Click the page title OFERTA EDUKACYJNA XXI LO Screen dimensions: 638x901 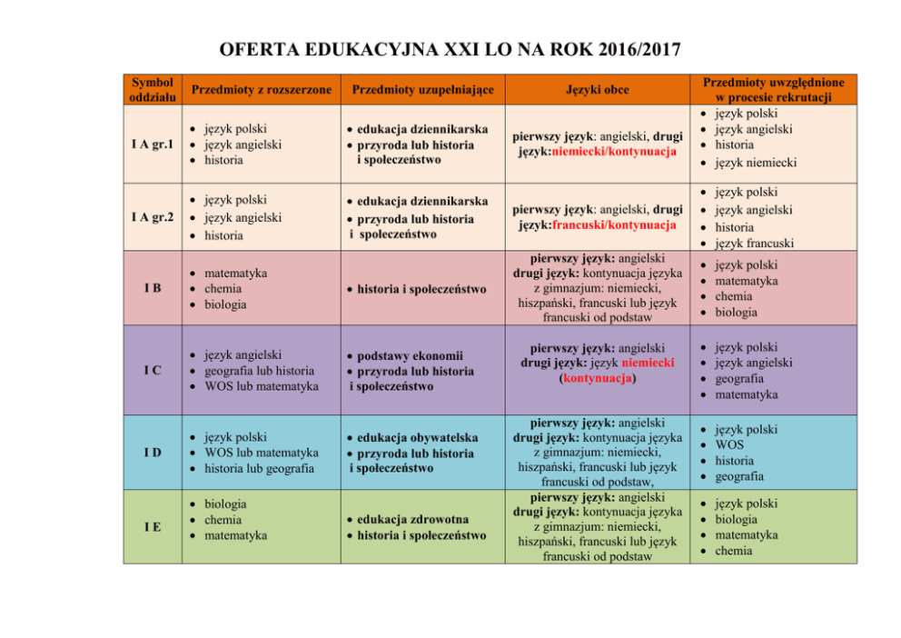click(x=450, y=48)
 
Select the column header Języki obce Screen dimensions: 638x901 click(x=596, y=89)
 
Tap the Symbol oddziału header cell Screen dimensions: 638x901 click(x=152, y=89)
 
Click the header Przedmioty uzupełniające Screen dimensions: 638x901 click(x=422, y=89)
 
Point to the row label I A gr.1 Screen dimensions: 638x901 click(x=152, y=145)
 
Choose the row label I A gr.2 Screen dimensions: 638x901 click(x=152, y=217)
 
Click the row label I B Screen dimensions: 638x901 click(x=152, y=288)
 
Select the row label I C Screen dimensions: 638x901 click(x=152, y=371)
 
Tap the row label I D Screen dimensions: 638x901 click(x=152, y=453)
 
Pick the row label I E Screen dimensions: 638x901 click(x=152, y=526)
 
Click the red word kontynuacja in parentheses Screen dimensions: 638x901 click(x=596, y=378)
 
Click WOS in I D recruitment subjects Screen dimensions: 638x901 click(x=728, y=444)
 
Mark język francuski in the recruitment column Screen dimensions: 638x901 click(x=754, y=243)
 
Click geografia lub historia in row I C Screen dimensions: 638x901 click(x=259, y=371)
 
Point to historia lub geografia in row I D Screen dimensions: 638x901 click(x=259, y=468)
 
